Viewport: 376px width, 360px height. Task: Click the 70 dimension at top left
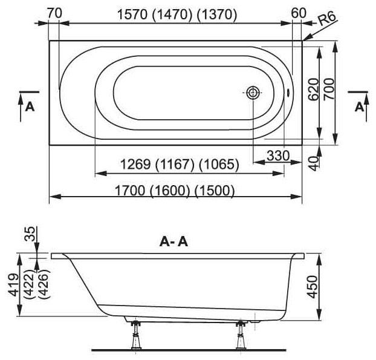[x=54, y=13]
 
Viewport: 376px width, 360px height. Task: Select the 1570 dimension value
[x=132, y=15]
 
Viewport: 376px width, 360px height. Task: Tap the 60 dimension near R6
[x=299, y=13]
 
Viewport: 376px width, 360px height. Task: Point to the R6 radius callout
[x=327, y=19]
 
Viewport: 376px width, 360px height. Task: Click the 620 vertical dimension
[x=314, y=89]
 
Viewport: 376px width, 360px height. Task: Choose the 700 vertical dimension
[x=329, y=89]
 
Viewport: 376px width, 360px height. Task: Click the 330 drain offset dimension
[x=278, y=155]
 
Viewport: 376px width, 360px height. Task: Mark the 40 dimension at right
[x=313, y=163]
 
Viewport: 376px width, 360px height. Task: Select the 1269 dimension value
[x=135, y=165]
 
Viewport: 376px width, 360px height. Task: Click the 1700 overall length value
[x=130, y=191]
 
